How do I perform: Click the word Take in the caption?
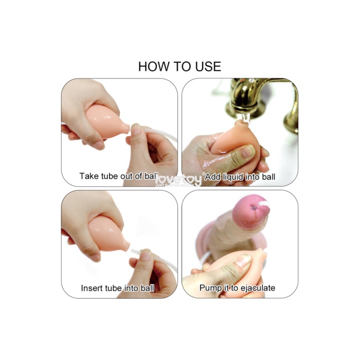(88, 176)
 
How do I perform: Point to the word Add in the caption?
(212, 177)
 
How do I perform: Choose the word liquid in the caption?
(233, 177)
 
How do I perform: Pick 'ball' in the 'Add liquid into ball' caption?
(267, 177)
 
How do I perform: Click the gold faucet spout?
(242, 105)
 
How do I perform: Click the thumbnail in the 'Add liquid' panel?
(248, 151)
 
